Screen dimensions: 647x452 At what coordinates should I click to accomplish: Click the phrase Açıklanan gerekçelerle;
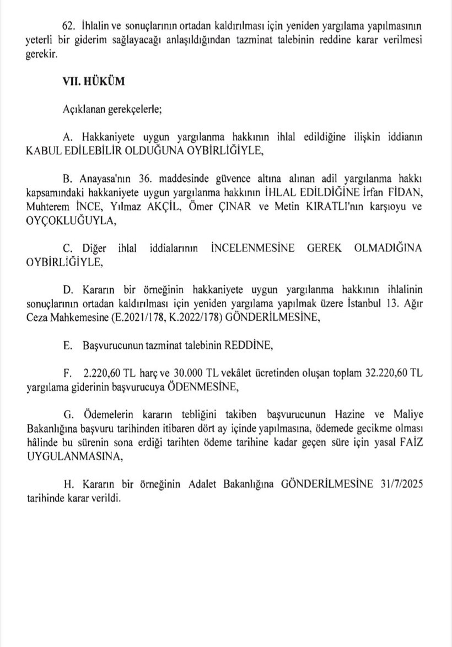pyautogui.click(x=112, y=108)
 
